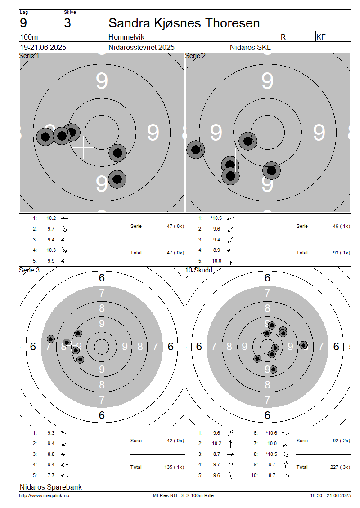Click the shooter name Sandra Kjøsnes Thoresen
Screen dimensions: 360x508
(184, 23)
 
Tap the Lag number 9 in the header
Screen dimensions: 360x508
(23, 23)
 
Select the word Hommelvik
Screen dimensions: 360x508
(126, 37)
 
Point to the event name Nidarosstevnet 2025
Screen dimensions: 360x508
(141, 47)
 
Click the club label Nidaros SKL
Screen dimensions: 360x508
(250, 47)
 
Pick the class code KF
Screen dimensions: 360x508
(321, 37)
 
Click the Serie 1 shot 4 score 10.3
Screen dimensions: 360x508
(51, 250)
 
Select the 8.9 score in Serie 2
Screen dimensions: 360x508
(216, 250)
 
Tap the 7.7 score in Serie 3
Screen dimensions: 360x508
(51, 475)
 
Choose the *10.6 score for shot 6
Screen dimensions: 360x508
(271, 433)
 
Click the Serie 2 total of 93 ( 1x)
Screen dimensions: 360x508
(342, 253)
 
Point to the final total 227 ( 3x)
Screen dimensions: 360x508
(340, 467)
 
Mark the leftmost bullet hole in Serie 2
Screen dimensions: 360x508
(196, 150)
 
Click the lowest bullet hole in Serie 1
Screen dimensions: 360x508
(117, 179)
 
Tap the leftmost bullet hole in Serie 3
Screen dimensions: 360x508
(50, 339)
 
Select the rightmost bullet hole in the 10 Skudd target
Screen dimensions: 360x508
(303, 345)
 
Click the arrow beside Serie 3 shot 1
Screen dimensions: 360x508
(64, 433)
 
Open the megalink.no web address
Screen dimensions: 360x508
(44, 495)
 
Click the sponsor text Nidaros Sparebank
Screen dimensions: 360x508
(51, 486)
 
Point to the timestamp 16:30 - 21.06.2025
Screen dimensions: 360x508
(330, 495)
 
